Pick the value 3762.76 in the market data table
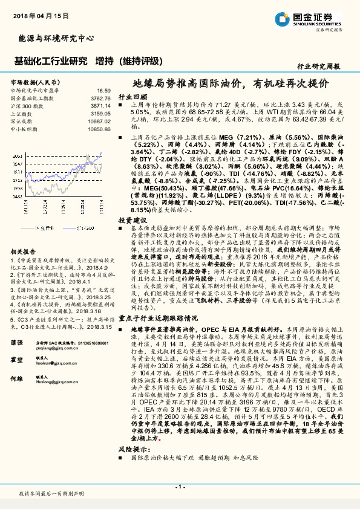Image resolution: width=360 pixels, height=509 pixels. (100, 97)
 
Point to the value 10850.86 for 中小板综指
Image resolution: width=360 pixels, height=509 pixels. (99, 129)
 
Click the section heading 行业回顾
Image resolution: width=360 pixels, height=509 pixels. (132, 97)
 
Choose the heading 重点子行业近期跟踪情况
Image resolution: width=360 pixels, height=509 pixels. (157, 317)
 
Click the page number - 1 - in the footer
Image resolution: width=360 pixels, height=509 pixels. (180, 487)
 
